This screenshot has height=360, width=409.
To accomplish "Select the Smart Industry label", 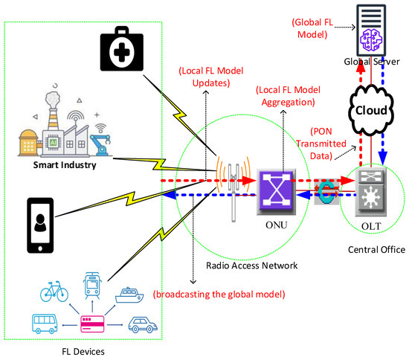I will click(x=65, y=164).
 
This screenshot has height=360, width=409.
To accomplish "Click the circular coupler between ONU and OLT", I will click(x=326, y=191).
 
